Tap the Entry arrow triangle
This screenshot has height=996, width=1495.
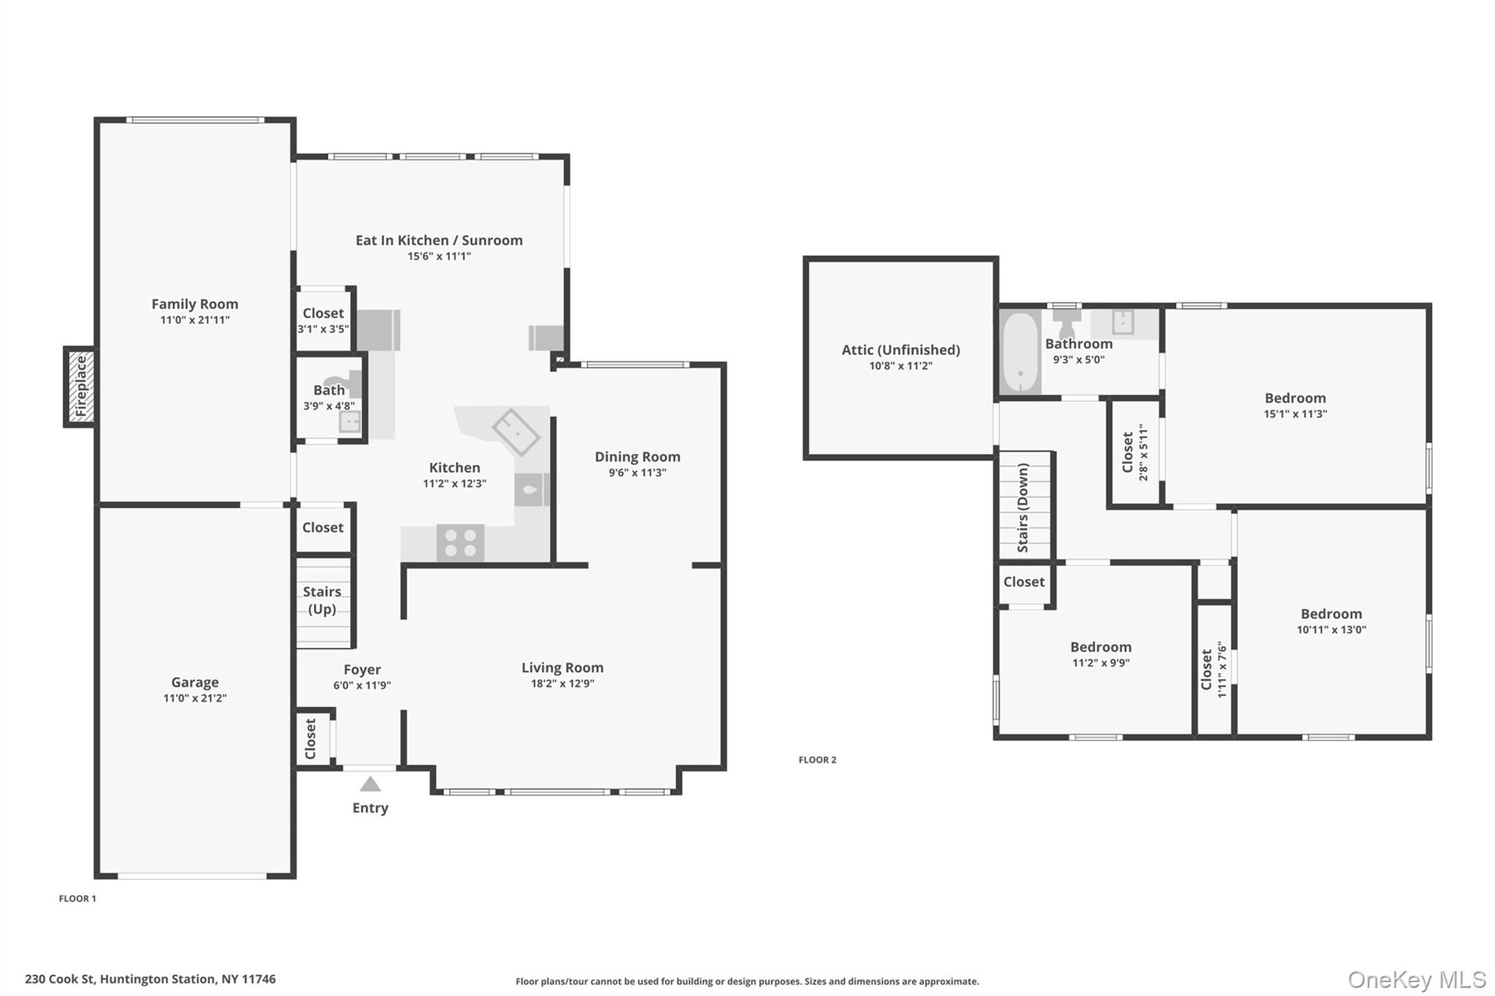pos(370,784)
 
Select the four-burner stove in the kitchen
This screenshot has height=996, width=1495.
pos(460,543)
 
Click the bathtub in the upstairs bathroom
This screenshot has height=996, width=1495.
pos(1020,352)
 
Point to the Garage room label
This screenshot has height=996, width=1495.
pos(195,682)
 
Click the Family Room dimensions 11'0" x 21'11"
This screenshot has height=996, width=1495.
pos(195,320)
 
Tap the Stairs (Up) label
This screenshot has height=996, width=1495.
pos(322,600)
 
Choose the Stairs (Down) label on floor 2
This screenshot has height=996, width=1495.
pos(1023,508)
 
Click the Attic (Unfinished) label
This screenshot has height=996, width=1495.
pos(901,350)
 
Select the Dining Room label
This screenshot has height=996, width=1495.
pos(638,457)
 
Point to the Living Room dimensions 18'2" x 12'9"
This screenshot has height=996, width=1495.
pos(562,684)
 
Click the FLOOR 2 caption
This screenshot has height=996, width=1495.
pos(818,760)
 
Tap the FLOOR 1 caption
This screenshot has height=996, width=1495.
pos(78,899)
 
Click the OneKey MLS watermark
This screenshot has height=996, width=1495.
pos(1417,980)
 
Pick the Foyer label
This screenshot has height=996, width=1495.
pos(362,670)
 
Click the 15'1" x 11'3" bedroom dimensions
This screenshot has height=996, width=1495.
pos(1295,414)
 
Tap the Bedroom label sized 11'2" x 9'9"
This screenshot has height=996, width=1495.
pos(1100,647)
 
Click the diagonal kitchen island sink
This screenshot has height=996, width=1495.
pos(515,432)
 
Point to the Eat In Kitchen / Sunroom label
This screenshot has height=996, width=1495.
pos(439,241)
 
